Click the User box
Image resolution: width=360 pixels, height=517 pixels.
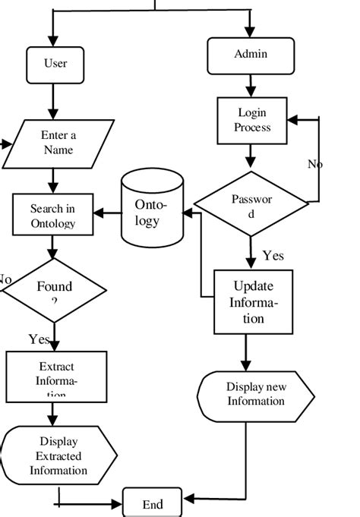(55, 65)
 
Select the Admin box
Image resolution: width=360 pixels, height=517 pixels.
(251, 55)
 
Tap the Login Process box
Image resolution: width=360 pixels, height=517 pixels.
(252, 121)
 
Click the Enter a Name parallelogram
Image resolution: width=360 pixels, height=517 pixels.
(58, 143)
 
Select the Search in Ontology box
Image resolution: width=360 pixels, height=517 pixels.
(53, 215)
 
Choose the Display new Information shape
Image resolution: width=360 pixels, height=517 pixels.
(255, 395)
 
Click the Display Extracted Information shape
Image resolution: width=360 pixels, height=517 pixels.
(59, 456)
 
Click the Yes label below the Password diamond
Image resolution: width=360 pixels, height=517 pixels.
(273, 257)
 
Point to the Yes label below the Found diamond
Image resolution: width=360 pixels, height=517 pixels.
(39, 339)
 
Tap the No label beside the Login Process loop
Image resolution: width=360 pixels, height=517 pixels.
(315, 164)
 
